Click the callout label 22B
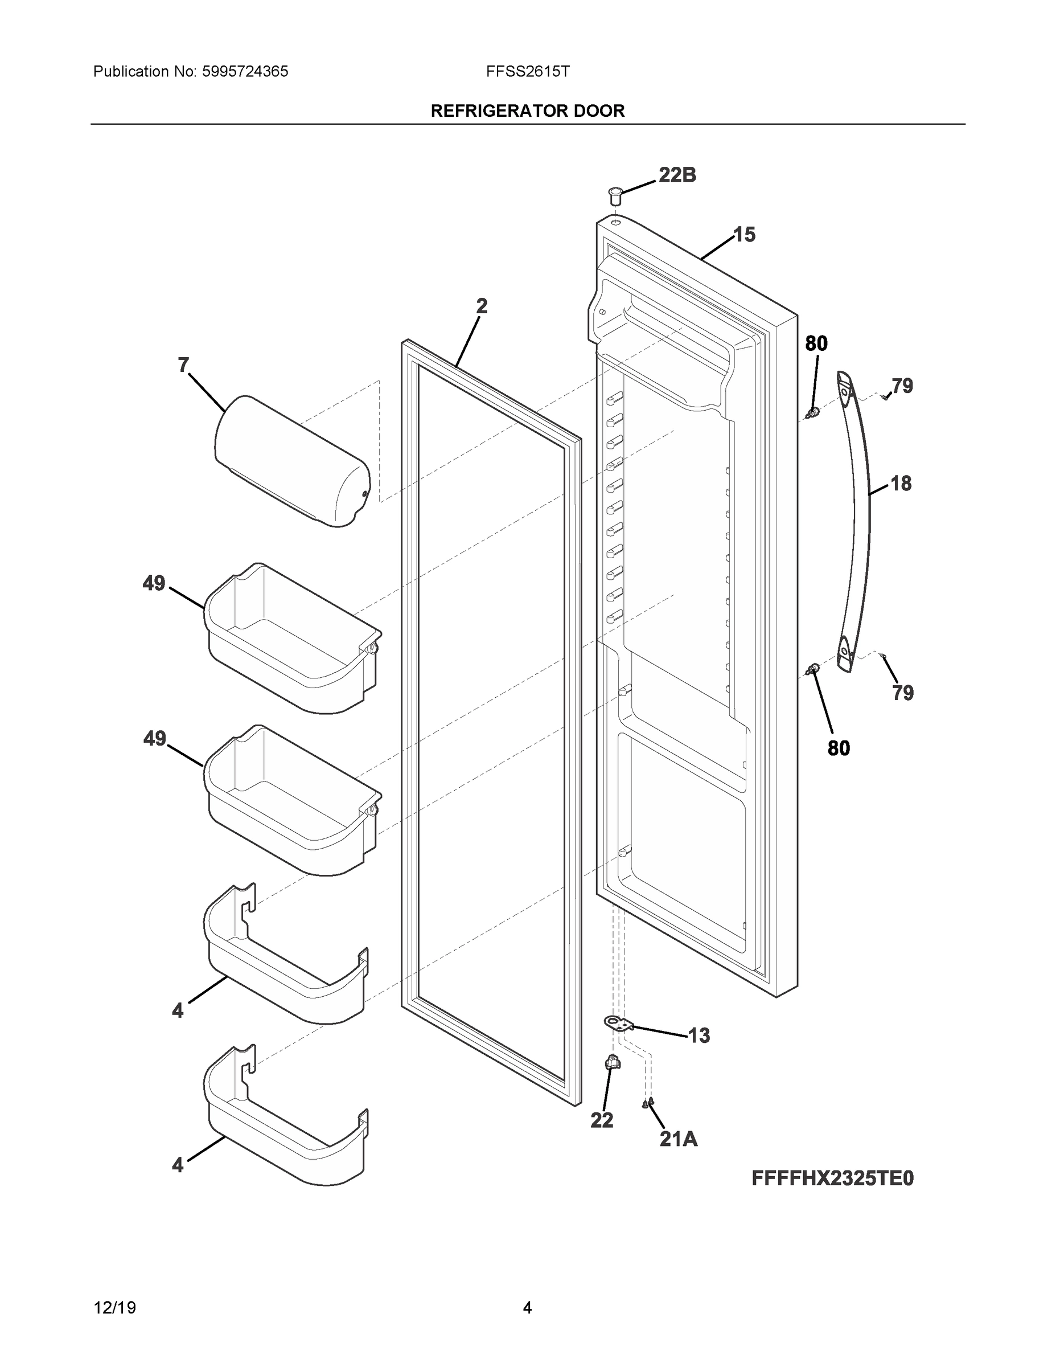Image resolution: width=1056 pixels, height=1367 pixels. (677, 175)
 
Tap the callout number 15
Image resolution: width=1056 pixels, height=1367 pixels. (744, 235)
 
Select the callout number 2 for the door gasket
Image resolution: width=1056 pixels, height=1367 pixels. (481, 306)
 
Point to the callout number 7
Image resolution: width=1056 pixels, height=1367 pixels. (183, 365)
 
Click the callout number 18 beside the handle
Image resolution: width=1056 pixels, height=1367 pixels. (900, 483)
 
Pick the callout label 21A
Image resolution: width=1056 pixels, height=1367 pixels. (678, 1139)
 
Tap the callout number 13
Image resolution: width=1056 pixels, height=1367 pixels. (699, 1036)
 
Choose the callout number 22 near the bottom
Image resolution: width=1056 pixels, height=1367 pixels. (602, 1120)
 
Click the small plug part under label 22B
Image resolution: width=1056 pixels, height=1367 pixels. (615, 195)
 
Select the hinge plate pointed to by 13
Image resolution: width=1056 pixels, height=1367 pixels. (618, 1024)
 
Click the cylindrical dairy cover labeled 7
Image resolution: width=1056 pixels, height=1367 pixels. (291, 461)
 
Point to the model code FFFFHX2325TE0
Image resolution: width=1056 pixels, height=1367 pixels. (832, 1178)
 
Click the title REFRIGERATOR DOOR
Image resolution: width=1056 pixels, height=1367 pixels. (527, 112)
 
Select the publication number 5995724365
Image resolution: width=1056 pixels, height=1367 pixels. (245, 72)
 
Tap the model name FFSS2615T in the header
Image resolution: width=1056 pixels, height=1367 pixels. (527, 72)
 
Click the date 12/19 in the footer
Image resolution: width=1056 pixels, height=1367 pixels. (114, 1308)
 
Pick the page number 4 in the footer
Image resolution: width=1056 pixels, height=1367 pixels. (527, 1308)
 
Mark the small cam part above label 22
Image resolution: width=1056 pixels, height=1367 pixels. (611, 1062)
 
